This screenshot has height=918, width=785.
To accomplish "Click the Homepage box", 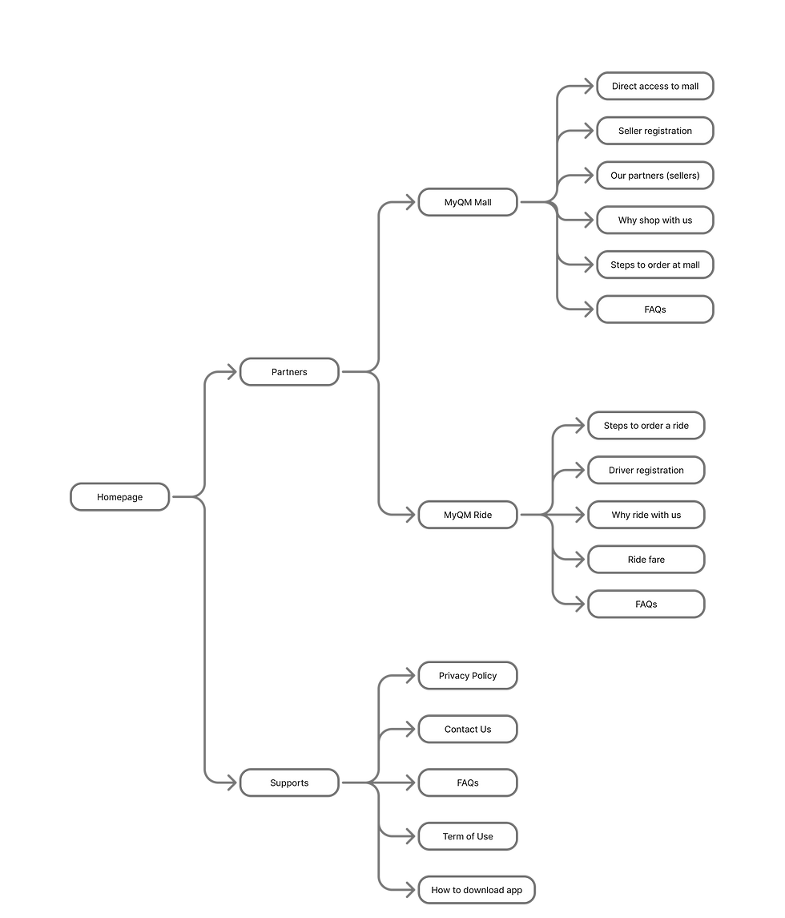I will point(120,497).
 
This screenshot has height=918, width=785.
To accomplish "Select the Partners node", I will point(289,372).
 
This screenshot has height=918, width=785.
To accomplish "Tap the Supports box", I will point(289,783).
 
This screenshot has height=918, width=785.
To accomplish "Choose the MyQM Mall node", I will point(468,203).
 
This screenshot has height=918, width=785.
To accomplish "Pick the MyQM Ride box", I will point(468,515).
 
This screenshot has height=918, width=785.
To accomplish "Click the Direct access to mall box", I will point(654,86).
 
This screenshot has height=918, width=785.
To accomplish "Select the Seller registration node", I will point(654,131).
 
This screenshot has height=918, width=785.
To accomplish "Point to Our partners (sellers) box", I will point(654,176).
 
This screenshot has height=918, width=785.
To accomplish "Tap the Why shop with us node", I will point(654,220).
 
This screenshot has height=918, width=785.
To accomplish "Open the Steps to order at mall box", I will point(654,265).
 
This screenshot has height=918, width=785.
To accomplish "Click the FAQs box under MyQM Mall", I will point(654,309).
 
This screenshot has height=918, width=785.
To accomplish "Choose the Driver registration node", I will point(646,471).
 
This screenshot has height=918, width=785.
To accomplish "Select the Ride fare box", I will point(646,560).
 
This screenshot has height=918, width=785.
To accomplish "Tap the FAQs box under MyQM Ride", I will point(646,605).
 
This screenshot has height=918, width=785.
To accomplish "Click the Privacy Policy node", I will point(468,676).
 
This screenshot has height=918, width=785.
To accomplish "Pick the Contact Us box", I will point(468,730).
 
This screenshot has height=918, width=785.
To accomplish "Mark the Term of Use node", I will point(468,836).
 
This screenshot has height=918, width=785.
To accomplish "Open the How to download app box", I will point(477,890).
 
